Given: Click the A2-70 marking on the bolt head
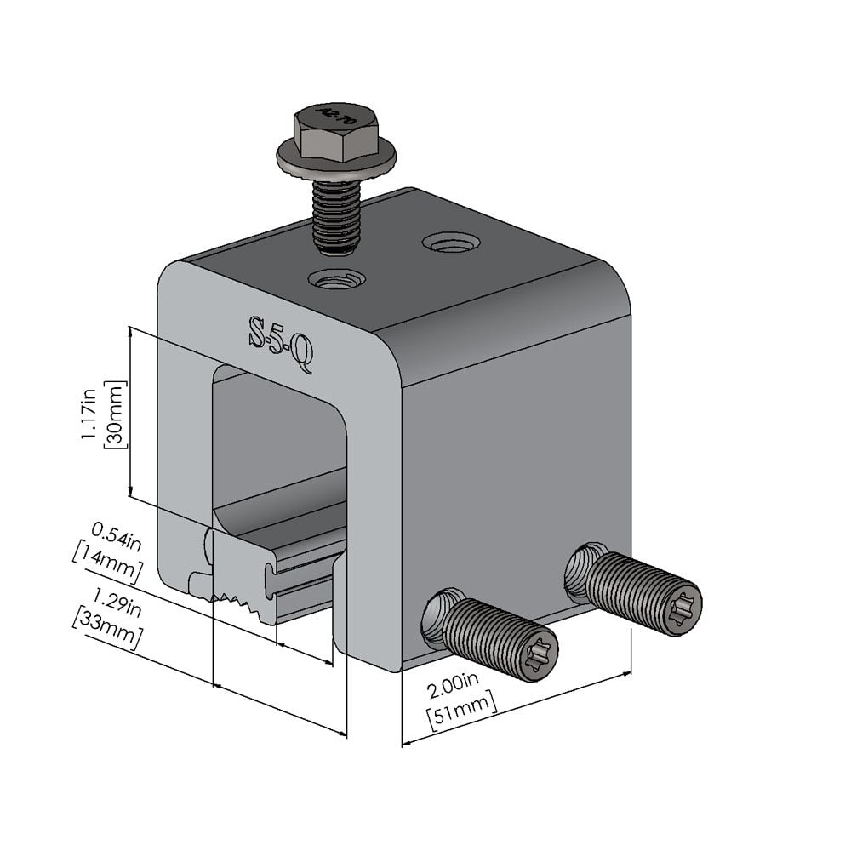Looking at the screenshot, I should tap(328, 116).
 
